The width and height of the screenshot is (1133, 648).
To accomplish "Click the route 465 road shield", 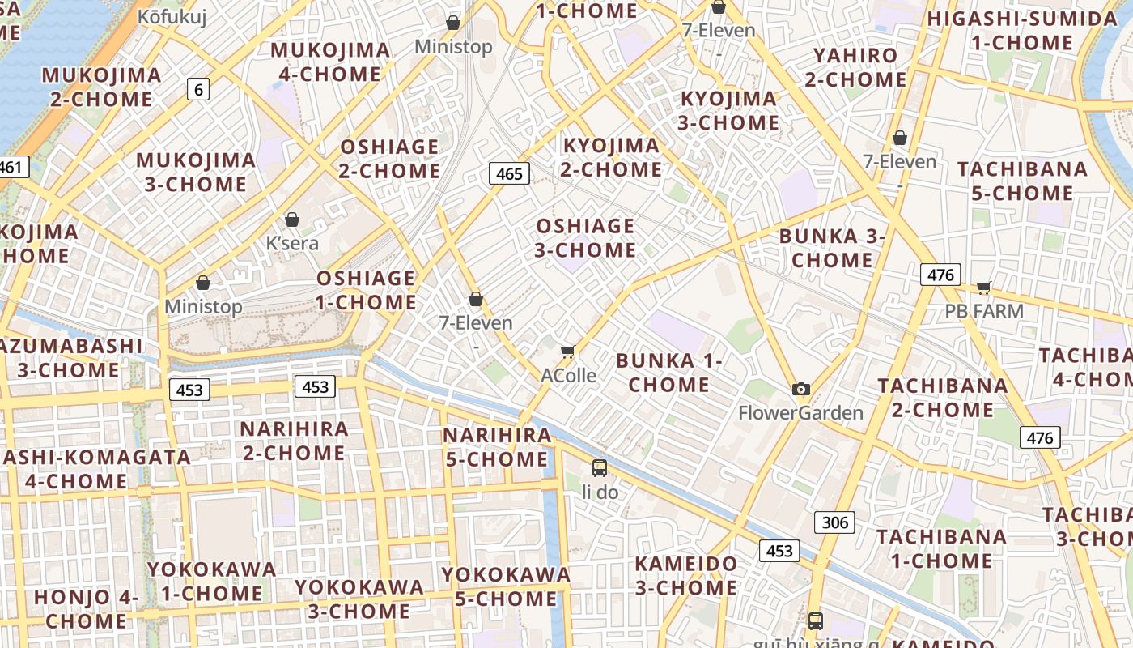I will [509, 173].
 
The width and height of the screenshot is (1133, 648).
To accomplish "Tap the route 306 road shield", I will [834, 522].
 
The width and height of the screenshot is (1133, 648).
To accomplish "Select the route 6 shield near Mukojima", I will [198, 89].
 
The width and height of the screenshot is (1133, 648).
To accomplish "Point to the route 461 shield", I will [11, 168].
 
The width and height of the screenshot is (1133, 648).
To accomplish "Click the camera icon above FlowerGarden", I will [801, 390].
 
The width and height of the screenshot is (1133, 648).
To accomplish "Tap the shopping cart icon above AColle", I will [567, 352].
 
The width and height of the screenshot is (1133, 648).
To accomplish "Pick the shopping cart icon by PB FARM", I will [984, 288].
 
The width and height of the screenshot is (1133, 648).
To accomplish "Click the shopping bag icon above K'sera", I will [292, 220].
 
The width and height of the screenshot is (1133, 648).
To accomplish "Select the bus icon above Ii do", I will [600, 467].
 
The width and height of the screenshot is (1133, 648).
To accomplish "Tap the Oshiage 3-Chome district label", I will [585, 238].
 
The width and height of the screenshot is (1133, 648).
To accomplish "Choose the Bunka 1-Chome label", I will [668, 373].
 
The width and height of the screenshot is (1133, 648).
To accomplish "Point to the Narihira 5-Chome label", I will [497, 447].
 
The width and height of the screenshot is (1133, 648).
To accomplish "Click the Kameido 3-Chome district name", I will [686, 575].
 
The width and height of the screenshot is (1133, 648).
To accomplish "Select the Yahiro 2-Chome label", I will [855, 67].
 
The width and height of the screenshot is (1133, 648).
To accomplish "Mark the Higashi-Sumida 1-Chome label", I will [1021, 31].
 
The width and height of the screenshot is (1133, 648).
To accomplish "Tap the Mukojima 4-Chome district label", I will [330, 62].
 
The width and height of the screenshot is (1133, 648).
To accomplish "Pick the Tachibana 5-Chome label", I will [1022, 181].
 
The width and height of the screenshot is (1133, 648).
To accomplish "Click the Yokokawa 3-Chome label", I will [359, 599].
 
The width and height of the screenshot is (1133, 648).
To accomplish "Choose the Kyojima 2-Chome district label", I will [612, 157].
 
